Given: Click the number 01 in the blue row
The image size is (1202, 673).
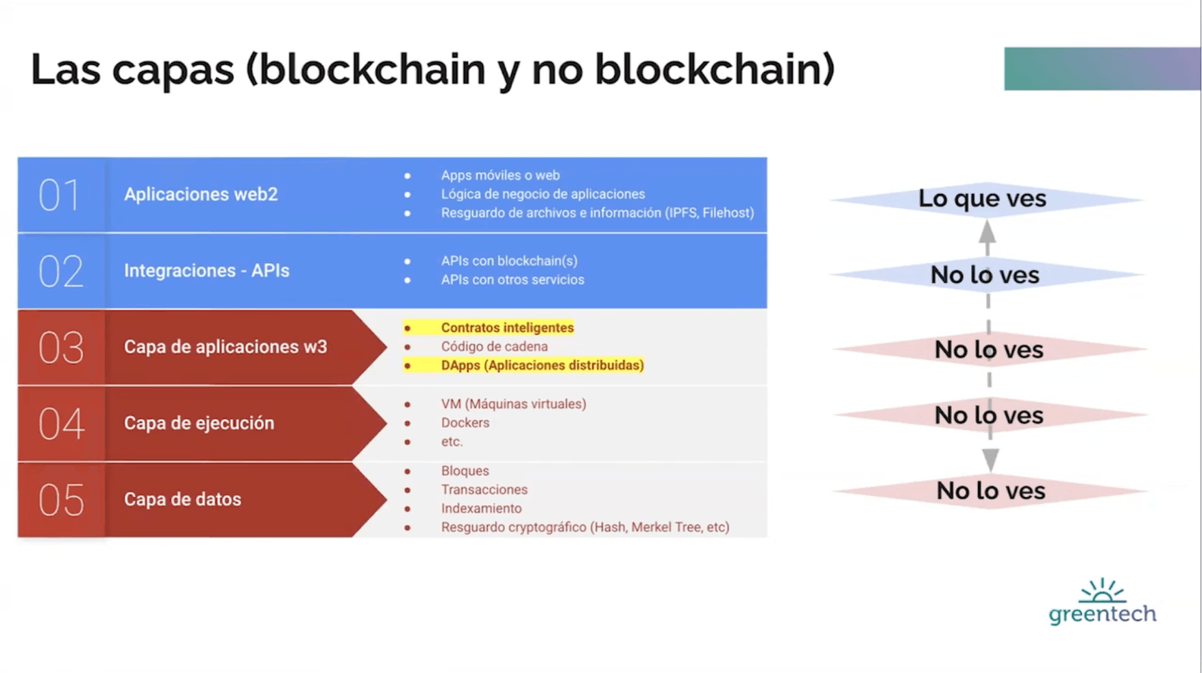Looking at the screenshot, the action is (60, 195).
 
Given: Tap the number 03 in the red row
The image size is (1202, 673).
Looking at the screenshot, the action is (61, 347).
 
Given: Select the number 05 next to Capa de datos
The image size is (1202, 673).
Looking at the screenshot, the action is (61, 500).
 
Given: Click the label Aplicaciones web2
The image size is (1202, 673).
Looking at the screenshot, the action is (201, 195).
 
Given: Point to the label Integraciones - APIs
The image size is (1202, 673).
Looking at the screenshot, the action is (206, 271).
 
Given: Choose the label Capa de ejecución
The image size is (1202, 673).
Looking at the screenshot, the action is (199, 423).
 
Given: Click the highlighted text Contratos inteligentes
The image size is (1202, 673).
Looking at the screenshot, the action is (507, 328).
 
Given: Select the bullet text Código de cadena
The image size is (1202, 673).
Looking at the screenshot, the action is (494, 347).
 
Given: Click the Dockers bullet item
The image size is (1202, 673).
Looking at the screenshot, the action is (465, 423).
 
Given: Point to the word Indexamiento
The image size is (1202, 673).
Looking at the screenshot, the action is (481, 509).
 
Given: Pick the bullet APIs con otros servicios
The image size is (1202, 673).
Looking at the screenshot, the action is (513, 280).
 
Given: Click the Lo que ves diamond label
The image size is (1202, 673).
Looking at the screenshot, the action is (982, 199).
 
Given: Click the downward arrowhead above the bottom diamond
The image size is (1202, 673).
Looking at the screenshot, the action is (990, 460).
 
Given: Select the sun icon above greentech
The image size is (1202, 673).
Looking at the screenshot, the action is (1102, 591).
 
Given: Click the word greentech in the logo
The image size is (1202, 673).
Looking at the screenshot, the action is (1102, 614).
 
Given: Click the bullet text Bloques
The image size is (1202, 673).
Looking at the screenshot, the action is (465, 471).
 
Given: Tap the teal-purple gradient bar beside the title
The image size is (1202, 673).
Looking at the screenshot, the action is (1102, 69).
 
